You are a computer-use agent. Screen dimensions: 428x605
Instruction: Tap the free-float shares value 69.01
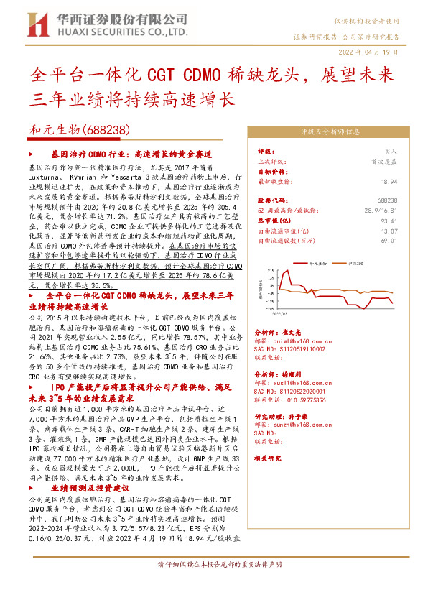point(390,241)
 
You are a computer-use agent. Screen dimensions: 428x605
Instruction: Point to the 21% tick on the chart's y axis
point(271,272)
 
